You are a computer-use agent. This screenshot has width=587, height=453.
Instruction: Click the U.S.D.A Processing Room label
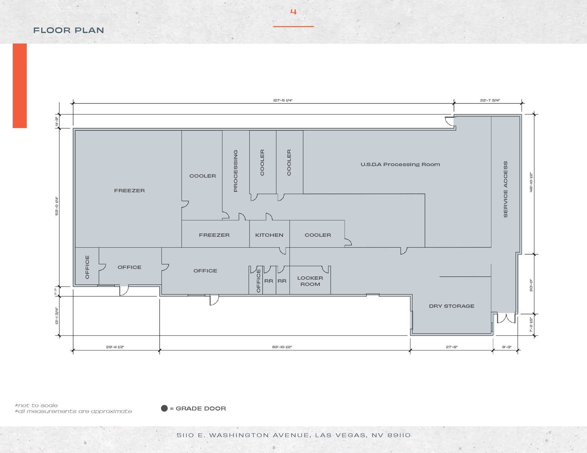point(400,164)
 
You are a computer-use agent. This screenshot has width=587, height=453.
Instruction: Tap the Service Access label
point(505,189)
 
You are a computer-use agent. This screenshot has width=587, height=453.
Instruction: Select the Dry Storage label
point(451,306)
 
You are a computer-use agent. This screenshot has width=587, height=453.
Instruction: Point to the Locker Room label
point(310,281)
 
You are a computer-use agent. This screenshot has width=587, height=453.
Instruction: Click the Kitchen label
point(269,235)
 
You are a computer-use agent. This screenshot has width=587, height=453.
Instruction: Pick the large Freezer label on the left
point(129,191)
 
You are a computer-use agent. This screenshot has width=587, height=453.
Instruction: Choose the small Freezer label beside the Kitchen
point(214,235)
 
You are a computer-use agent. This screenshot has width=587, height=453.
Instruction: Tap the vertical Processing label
point(235,171)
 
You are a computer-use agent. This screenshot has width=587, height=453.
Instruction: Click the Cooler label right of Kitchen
point(318,235)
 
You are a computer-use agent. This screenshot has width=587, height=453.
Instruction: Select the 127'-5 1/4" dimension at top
point(283,100)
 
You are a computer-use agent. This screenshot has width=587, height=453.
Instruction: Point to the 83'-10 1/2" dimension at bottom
point(282,347)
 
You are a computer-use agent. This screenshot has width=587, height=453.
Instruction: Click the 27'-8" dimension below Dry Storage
point(451,347)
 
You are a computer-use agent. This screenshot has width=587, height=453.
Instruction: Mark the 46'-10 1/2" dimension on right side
point(531,182)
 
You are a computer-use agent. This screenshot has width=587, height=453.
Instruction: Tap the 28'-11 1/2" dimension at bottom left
point(115,347)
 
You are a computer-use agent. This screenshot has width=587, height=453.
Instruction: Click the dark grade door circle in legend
point(164,408)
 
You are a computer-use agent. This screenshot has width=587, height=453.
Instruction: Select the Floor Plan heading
point(68,30)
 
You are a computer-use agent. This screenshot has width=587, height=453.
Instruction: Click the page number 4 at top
point(293,12)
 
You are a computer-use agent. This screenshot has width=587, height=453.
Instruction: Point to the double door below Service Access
point(506,319)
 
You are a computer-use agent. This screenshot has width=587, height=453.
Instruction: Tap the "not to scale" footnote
point(37,405)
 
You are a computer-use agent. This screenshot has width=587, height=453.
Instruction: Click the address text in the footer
point(293,435)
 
